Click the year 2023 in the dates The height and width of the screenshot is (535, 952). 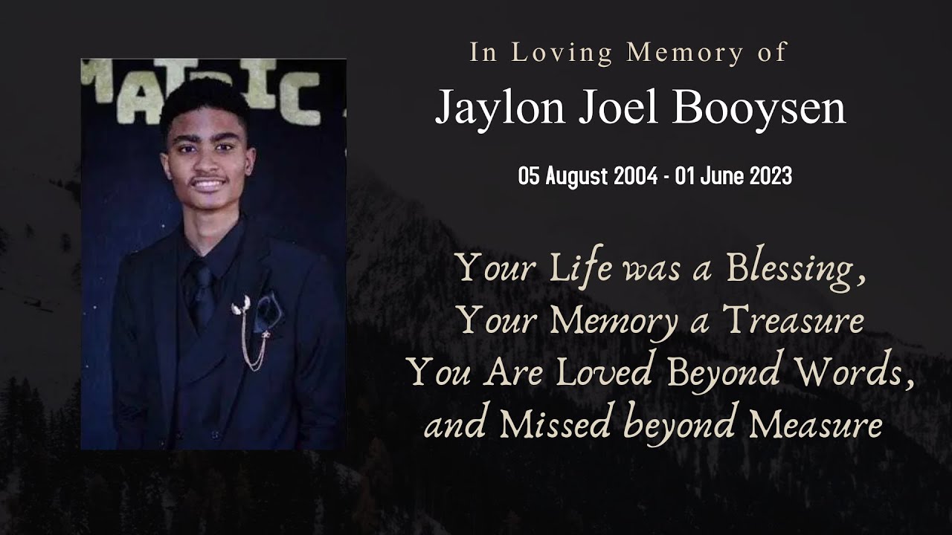pyautogui.click(x=771, y=177)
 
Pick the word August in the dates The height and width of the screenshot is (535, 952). pyautogui.click(x=576, y=177)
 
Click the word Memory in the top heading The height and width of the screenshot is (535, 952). pyautogui.click(x=684, y=53)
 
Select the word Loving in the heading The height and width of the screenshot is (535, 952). pyautogui.click(x=562, y=53)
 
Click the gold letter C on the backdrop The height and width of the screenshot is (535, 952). pyautogui.click(x=306, y=104)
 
